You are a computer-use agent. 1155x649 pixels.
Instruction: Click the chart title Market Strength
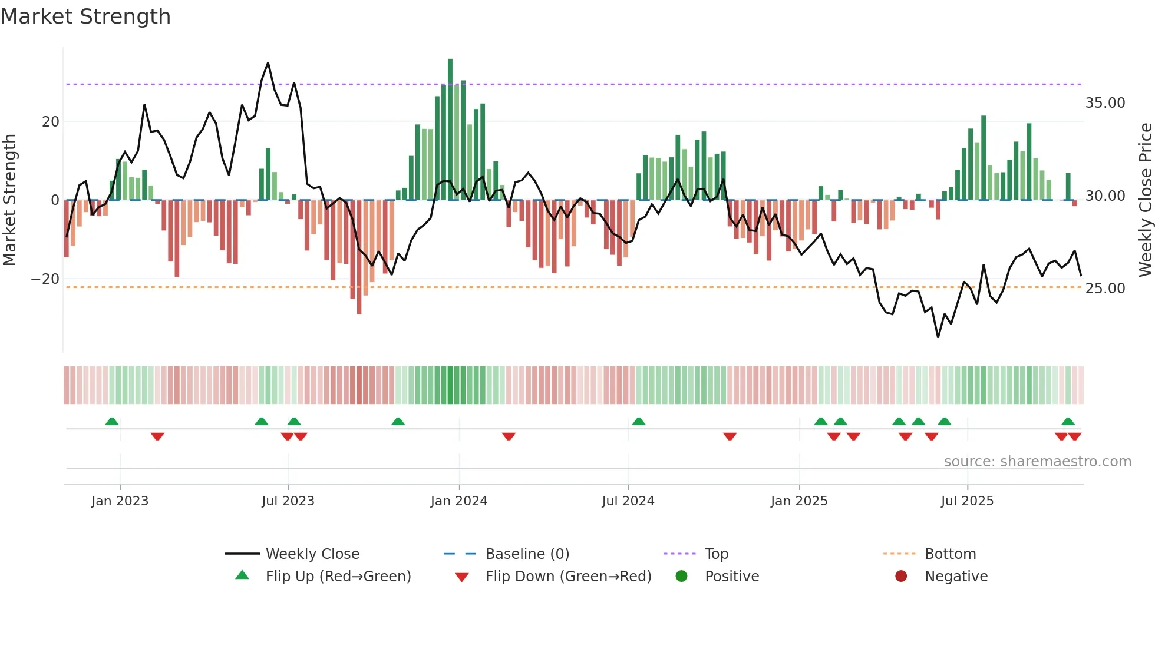coord(85,16)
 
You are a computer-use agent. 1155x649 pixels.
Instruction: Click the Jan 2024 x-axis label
coord(459,501)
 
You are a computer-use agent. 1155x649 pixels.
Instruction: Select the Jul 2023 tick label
coord(288,501)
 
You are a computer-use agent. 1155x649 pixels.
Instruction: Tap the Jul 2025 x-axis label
coord(967,501)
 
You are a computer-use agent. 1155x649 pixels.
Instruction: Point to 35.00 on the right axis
coord(1105,103)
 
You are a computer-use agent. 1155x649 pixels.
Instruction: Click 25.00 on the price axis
coord(1105,289)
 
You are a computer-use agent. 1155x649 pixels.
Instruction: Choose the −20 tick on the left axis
coord(45,279)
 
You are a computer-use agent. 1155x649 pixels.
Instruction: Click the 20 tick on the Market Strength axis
coord(51,122)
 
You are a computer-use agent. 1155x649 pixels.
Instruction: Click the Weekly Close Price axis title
coord(1145,200)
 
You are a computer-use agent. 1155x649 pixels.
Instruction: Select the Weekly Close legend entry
coord(312,554)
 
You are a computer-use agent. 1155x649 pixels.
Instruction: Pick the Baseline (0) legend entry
coord(527,554)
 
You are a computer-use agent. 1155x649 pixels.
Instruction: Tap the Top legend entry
coord(716,554)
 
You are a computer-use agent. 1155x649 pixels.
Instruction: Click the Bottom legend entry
coord(950,554)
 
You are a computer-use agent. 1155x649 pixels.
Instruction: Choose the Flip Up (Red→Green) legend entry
coord(338,577)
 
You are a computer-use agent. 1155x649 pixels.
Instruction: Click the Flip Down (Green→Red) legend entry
coord(568,577)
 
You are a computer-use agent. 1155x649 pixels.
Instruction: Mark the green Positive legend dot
coord(682,577)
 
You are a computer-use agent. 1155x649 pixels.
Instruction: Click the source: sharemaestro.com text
coord(1037,462)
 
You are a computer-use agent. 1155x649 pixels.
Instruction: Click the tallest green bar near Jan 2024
coord(450,130)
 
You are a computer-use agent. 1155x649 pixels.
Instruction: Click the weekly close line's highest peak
coord(268,63)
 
